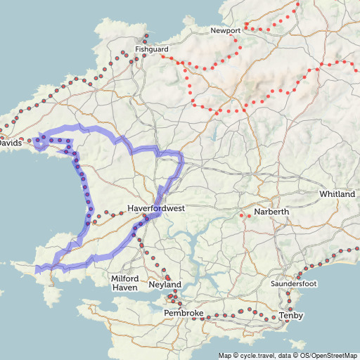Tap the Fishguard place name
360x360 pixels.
point(152,49)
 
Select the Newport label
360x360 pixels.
point(226,31)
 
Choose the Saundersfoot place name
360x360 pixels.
point(295,283)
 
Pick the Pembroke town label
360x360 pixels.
point(184,312)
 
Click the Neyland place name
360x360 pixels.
point(166,285)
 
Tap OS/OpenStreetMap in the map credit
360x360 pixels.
point(329,355)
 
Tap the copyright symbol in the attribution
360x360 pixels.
point(236,355)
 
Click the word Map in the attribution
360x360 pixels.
point(224,355)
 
